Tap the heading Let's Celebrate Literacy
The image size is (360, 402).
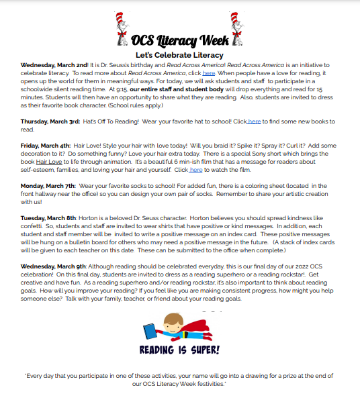(x=179, y=54)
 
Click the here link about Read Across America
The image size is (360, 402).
(x=209, y=72)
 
